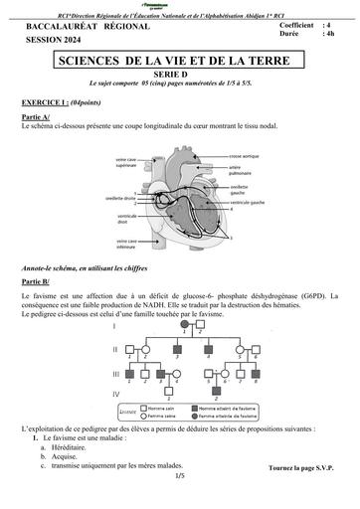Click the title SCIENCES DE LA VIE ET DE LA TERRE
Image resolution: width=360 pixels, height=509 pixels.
point(180,63)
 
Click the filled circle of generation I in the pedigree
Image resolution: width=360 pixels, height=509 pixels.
point(184,325)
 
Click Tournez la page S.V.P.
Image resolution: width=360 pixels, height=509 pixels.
point(302,466)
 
